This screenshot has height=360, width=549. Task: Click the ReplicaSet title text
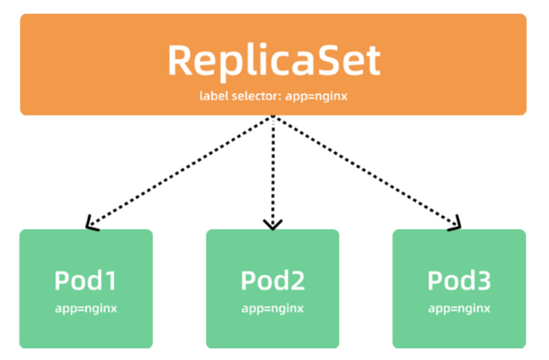pos(273,60)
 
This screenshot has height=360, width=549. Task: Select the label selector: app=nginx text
pos(273,96)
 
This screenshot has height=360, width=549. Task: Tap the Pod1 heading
pos(86,281)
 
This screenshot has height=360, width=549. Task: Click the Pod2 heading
pos(272,281)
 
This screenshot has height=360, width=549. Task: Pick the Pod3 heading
pos(459,281)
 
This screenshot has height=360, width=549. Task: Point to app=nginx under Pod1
pos(86,308)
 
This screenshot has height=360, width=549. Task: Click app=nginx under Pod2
pos(272,308)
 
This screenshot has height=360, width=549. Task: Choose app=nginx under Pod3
pos(459,308)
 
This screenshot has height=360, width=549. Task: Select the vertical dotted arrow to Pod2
pos(273,171)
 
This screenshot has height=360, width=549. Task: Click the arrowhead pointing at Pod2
pos(273,224)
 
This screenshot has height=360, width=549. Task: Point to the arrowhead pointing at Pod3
pos(455,224)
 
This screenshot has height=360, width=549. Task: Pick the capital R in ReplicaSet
pos(180,60)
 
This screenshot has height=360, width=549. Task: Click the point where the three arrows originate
pos(273,118)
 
